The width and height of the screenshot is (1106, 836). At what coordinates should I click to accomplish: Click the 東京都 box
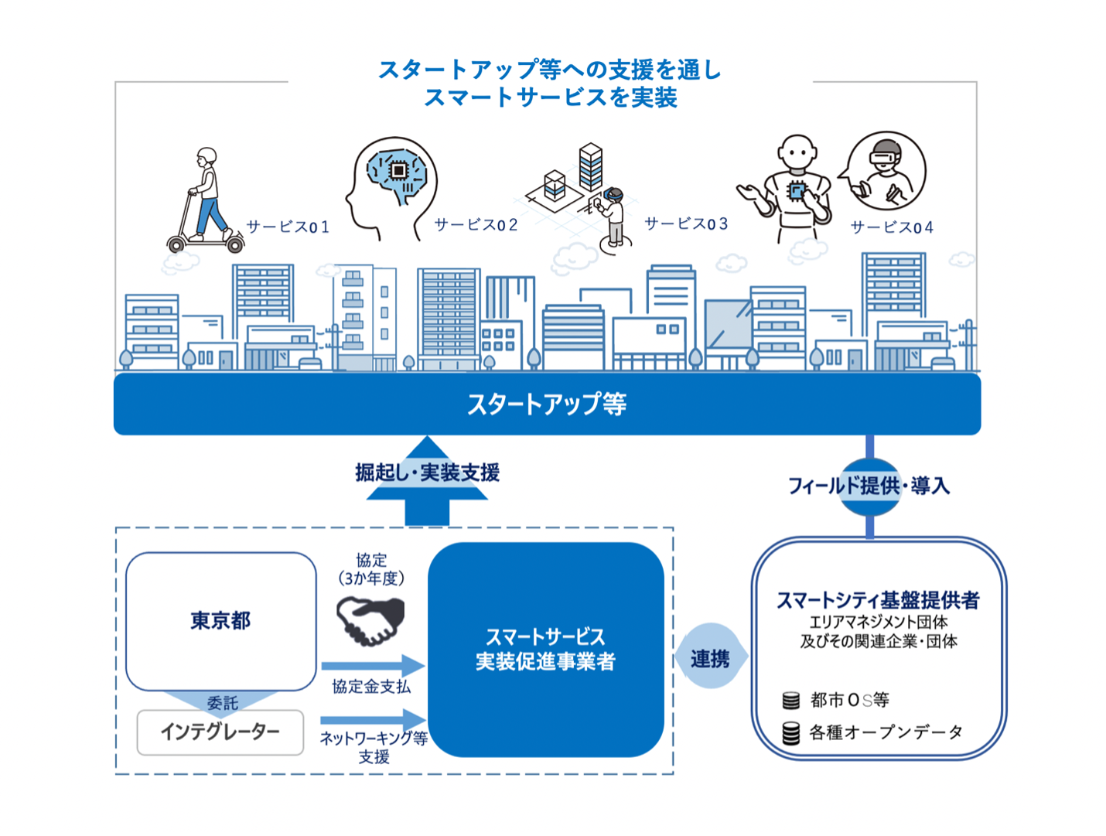(220, 620)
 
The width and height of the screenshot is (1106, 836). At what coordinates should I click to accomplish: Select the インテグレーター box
(220, 732)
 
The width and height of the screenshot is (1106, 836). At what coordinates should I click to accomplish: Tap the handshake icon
(370, 620)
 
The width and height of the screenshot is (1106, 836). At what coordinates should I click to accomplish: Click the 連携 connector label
(710, 658)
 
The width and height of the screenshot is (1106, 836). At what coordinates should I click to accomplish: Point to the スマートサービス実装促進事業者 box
(545, 649)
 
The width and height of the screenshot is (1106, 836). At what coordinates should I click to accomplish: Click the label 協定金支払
(371, 686)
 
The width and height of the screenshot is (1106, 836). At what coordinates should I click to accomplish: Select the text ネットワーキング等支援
(374, 747)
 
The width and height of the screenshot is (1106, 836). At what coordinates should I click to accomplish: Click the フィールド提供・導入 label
(869, 486)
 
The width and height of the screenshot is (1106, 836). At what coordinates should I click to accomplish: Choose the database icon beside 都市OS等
(790, 701)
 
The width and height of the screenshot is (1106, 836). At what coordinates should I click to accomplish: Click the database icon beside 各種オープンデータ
(790, 732)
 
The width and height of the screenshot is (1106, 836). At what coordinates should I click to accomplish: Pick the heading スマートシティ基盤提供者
(878, 599)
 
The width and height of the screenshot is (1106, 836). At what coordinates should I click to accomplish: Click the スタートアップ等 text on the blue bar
(547, 404)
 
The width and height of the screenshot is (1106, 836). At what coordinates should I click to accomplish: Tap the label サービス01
(288, 227)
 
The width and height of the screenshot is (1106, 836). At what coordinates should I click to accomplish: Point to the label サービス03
(687, 224)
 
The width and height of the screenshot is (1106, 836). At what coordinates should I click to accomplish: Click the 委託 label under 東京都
(222, 703)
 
